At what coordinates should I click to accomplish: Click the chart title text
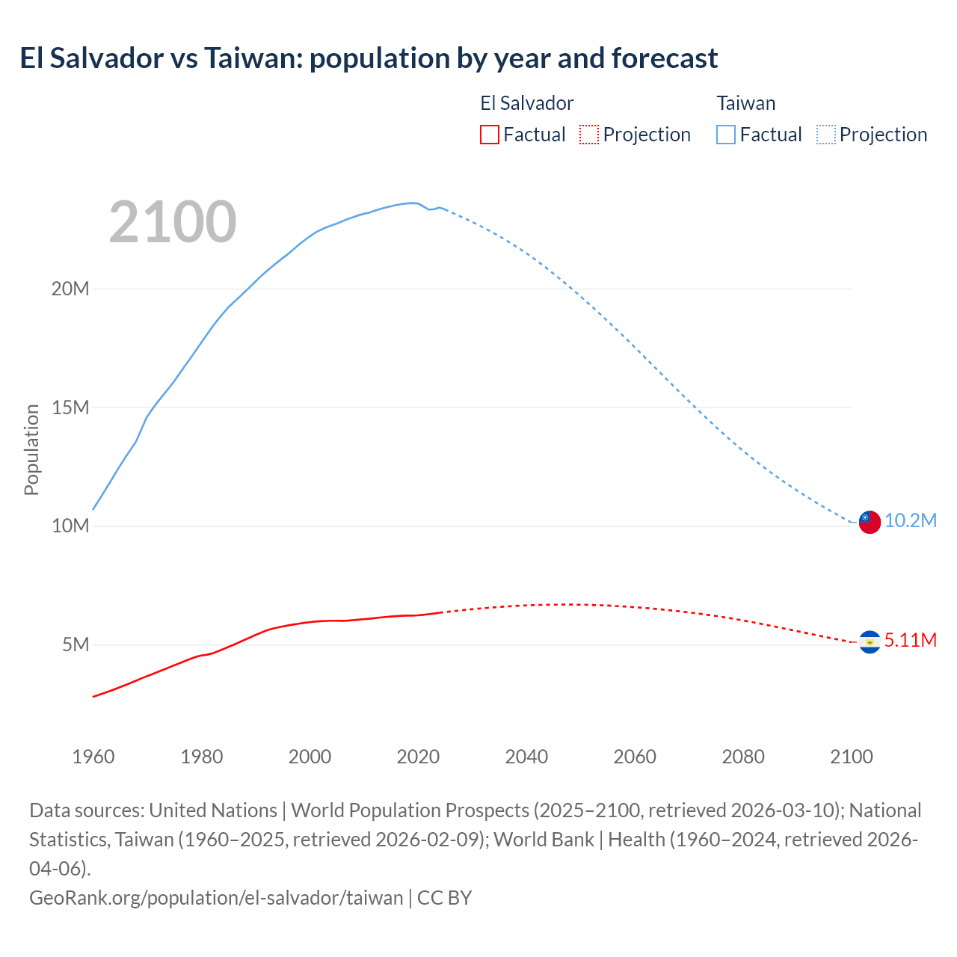tap(369, 58)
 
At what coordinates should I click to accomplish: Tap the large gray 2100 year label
tap(173, 222)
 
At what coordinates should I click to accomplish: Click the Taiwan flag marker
tap(869, 522)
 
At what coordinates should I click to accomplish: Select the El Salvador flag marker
tap(869, 641)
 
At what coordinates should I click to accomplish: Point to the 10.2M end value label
tap(911, 520)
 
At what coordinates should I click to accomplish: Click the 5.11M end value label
tap(911, 640)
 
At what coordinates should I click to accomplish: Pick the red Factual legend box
tap(489, 135)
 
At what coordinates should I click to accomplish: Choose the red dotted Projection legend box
tap(589, 135)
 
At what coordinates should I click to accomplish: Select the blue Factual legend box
tap(725, 135)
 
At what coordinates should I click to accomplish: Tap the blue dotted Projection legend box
tap(826, 135)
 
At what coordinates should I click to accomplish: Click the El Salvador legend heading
tap(526, 103)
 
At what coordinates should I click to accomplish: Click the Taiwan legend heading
tap(745, 103)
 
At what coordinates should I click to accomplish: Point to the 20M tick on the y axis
tap(70, 289)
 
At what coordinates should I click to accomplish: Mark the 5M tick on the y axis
tap(76, 644)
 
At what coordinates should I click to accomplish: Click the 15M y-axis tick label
tap(70, 407)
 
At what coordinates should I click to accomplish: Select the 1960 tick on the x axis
tap(93, 757)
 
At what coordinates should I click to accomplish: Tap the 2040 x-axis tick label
tap(526, 757)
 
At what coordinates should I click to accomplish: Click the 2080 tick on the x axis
tap(743, 757)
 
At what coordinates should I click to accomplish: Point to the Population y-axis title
tap(31, 449)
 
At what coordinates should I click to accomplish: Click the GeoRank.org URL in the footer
tap(216, 897)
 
